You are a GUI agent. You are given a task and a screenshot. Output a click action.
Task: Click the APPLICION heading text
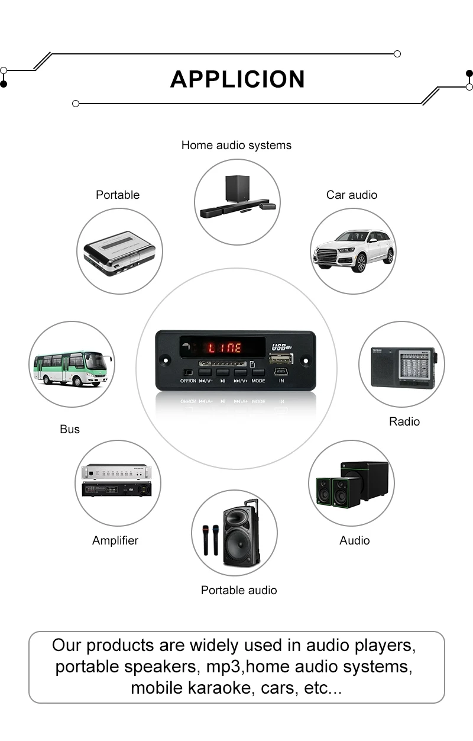coord(237,79)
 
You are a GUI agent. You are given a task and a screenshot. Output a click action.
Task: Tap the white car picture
coord(353,250)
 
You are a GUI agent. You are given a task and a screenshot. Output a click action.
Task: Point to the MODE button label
coord(258,381)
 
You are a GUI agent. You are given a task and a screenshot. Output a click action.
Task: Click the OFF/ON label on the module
coord(188,381)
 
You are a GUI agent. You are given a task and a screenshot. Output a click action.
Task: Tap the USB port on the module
coord(281,359)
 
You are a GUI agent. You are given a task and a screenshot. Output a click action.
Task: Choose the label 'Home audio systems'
coord(236,145)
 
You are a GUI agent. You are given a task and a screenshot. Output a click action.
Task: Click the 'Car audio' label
coord(351,195)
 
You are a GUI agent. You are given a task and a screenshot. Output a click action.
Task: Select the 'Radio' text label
coord(404,421)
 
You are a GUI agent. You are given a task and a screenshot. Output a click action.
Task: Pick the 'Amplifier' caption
coord(115,540)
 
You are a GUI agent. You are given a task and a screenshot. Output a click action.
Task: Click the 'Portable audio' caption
coord(239,590)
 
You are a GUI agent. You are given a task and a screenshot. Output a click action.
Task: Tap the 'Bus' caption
coord(70,429)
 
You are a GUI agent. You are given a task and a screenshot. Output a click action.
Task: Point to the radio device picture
coord(403,366)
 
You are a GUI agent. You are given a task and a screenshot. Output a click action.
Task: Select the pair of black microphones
coord(210,539)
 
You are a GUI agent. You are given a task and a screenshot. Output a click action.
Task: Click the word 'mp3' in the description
coord(225,666)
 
